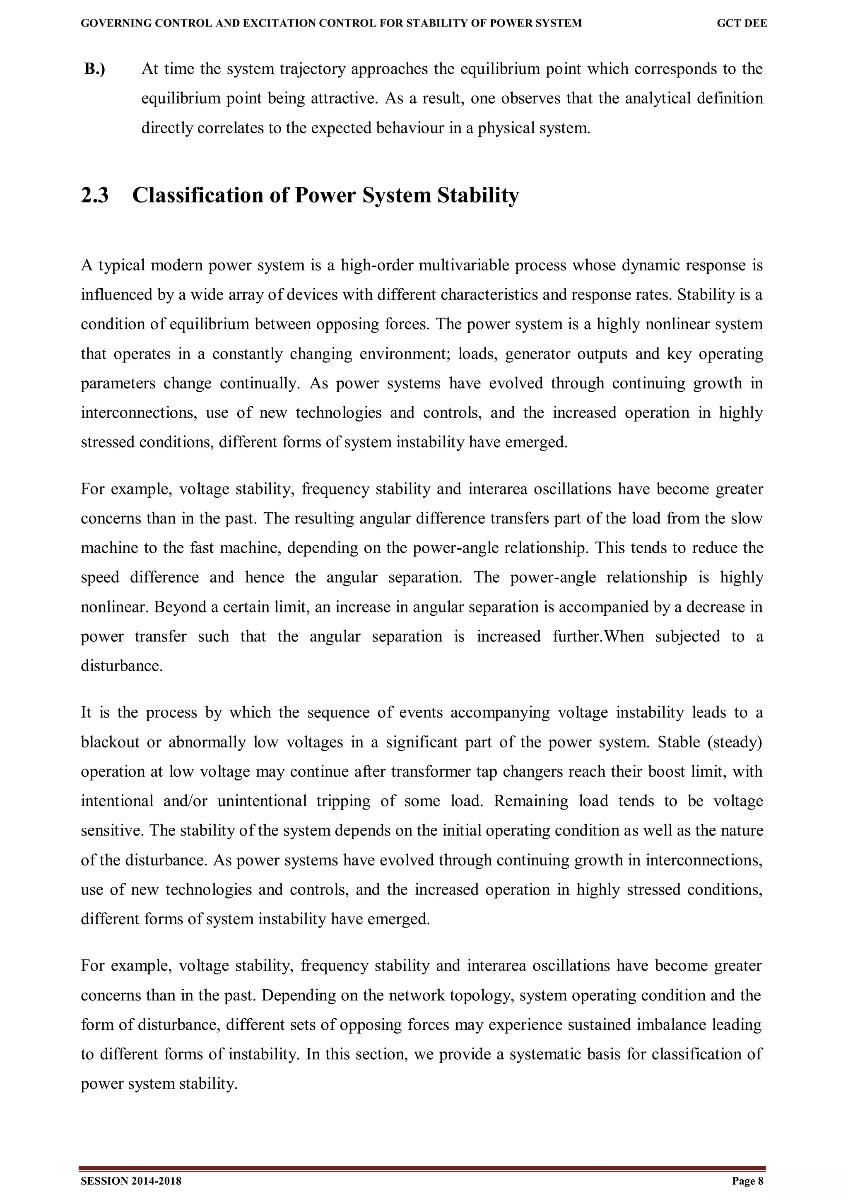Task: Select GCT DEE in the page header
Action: (742, 24)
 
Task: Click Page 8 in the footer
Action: (748, 1181)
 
